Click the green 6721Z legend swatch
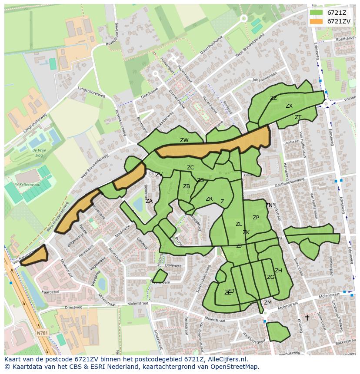click(316, 12)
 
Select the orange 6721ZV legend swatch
click(316, 21)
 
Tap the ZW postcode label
click(184, 140)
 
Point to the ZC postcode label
click(190, 168)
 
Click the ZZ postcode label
click(273, 98)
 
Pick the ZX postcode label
click(289, 106)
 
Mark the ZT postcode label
click(298, 117)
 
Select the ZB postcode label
click(187, 186)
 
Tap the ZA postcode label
click(149, 201)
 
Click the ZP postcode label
click(256, 218)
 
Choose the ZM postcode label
click(268, 303)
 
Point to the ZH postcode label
click(278, 271)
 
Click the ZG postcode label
click(270, 277)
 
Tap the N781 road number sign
click(42, 333)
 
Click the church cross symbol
click(307, 318)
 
